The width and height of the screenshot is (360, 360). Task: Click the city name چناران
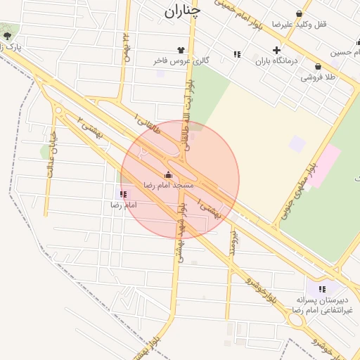tap(183, 11)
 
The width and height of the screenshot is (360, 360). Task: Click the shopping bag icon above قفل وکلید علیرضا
tap(300, 13)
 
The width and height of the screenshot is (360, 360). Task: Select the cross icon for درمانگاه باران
tap(276, 51)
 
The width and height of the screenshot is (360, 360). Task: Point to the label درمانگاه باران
tap(276, 61)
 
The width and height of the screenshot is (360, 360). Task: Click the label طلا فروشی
tap(319, 77)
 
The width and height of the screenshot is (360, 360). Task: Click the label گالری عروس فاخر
tap(181, 60)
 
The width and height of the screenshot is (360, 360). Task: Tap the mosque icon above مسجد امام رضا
tap(168, 174)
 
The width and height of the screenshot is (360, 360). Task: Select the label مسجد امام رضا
tap(168, 184)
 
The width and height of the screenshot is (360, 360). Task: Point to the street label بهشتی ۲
tap(91, 127)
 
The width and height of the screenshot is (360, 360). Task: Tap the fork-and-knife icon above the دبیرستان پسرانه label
tap(322, 289)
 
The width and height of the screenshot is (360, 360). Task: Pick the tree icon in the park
tap(7, 34)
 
